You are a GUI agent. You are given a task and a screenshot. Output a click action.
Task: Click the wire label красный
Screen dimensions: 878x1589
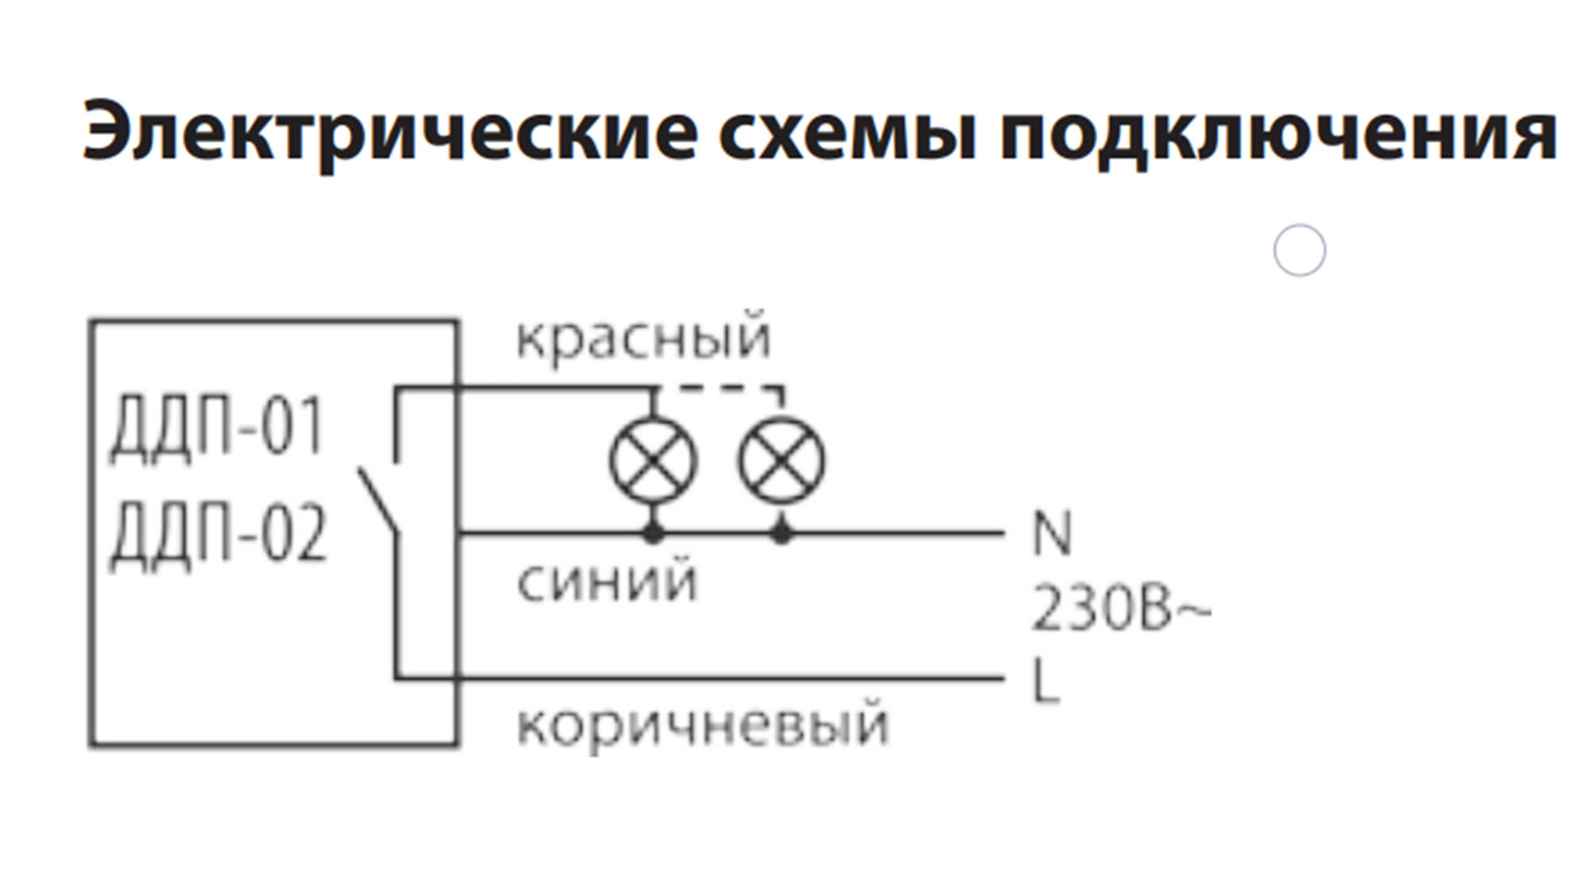[x=644, y=338]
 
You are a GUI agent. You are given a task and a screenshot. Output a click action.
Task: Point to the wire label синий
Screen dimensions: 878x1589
[x=607, y=582]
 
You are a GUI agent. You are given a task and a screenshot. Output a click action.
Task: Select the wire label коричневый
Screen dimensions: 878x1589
[x=702, y=725]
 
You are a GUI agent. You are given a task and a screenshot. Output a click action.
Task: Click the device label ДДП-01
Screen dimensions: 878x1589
[x=217, y=427]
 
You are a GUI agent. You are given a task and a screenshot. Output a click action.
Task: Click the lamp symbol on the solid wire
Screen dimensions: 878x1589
[x=653, y=461]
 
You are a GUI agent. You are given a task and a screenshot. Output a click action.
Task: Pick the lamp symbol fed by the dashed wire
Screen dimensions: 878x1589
[x=782, y=461]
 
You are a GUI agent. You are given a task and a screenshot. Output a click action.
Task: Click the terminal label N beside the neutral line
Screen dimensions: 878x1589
[x=1052, y=534]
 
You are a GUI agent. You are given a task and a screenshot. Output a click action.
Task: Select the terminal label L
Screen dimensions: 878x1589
[x=1047, y=680]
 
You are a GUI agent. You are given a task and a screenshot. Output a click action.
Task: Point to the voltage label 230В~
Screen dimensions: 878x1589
[x=1120, y=610]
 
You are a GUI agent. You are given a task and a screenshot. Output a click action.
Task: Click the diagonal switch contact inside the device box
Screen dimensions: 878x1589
[x=378, y=501]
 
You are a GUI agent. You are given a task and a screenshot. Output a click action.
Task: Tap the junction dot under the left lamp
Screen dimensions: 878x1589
[x=653, y=533]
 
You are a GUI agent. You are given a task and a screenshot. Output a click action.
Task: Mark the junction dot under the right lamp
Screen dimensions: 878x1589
[x=782, y=533]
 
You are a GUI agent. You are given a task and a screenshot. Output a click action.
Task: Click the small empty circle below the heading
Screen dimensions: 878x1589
[x=1300, y=250]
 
